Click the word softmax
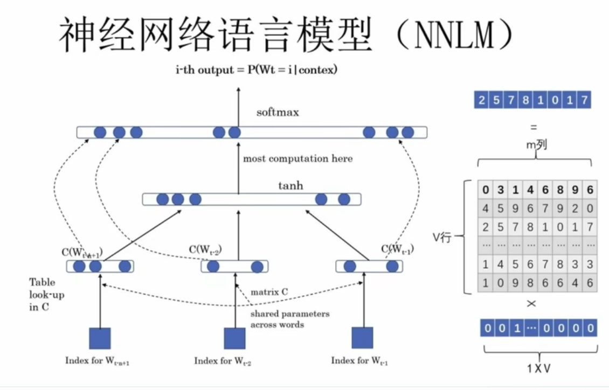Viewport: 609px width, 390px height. pyautogui.click(x=278, y=113)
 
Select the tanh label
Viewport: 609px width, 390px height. pyautogui.click(x=290, y=186)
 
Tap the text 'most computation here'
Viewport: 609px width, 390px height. pyautogui.click(x=297, y=159)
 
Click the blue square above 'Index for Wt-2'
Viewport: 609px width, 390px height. pyautogui.click(x=234, y=338)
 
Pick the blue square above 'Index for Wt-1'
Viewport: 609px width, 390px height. pyautogui.click(x=362, y=338)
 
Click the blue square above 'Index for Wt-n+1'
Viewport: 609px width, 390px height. pyautogui.click(x=100, y=338)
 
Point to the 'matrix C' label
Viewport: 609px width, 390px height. pyautogui.click(x=269, y=292)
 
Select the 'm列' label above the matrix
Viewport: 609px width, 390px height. pyautogui.click(x=536, y=145)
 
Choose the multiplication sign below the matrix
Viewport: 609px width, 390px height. pyautogui.click(x=531, y=304)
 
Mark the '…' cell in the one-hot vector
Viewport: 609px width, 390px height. pyautogui.click(x=531, y=328)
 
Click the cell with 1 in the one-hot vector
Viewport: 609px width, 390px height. pyautogui.click(x=516, y=328)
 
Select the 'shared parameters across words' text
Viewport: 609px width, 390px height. pyautogui.click(x=290, y=319)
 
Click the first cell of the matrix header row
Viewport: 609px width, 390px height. pyautogui.click(x=486, y=190)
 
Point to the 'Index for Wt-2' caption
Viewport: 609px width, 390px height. pyautogui.click(x=223, y=361)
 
